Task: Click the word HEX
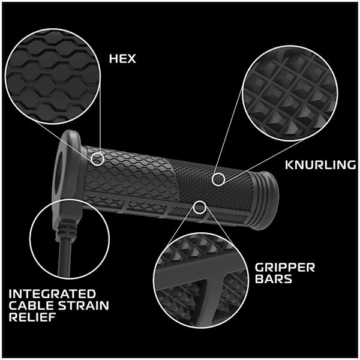(x=122, y=59)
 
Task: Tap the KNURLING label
(x=320, y=165)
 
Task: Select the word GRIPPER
(x=285, y=268)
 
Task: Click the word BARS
(x=274, y=279)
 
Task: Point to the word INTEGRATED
(x=52, y=294)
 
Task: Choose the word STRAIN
(x=83, y=305)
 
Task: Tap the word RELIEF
(x=32, y=317)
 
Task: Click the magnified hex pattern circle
(x=53, y=76)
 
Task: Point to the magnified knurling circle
(x=290, y=93)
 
